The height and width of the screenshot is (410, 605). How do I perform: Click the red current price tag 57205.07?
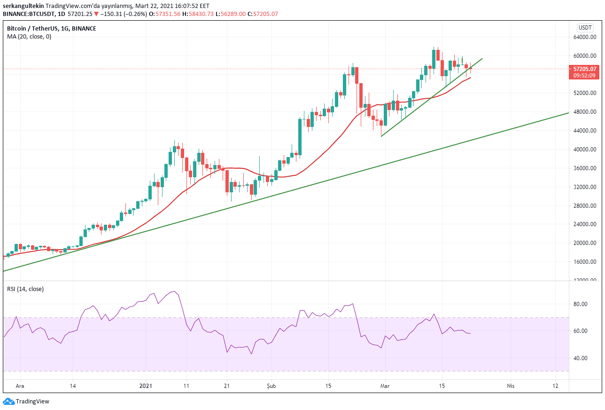[584, 69]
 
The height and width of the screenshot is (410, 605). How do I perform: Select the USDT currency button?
[585, 28]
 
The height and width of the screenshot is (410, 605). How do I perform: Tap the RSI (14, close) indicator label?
[25, 289]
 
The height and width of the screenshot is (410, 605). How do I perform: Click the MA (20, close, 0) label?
[29, 37]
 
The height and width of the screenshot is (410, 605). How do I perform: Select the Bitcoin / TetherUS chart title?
[51, 29]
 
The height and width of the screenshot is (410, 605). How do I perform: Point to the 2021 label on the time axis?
[146, 386]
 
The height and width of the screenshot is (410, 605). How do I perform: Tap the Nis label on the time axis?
[511, 386]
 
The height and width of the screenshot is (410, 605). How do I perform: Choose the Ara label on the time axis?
[20, 386]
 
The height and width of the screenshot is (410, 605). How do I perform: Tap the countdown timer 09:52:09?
[584, 76]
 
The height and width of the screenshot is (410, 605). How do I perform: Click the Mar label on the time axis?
[385, 386]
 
